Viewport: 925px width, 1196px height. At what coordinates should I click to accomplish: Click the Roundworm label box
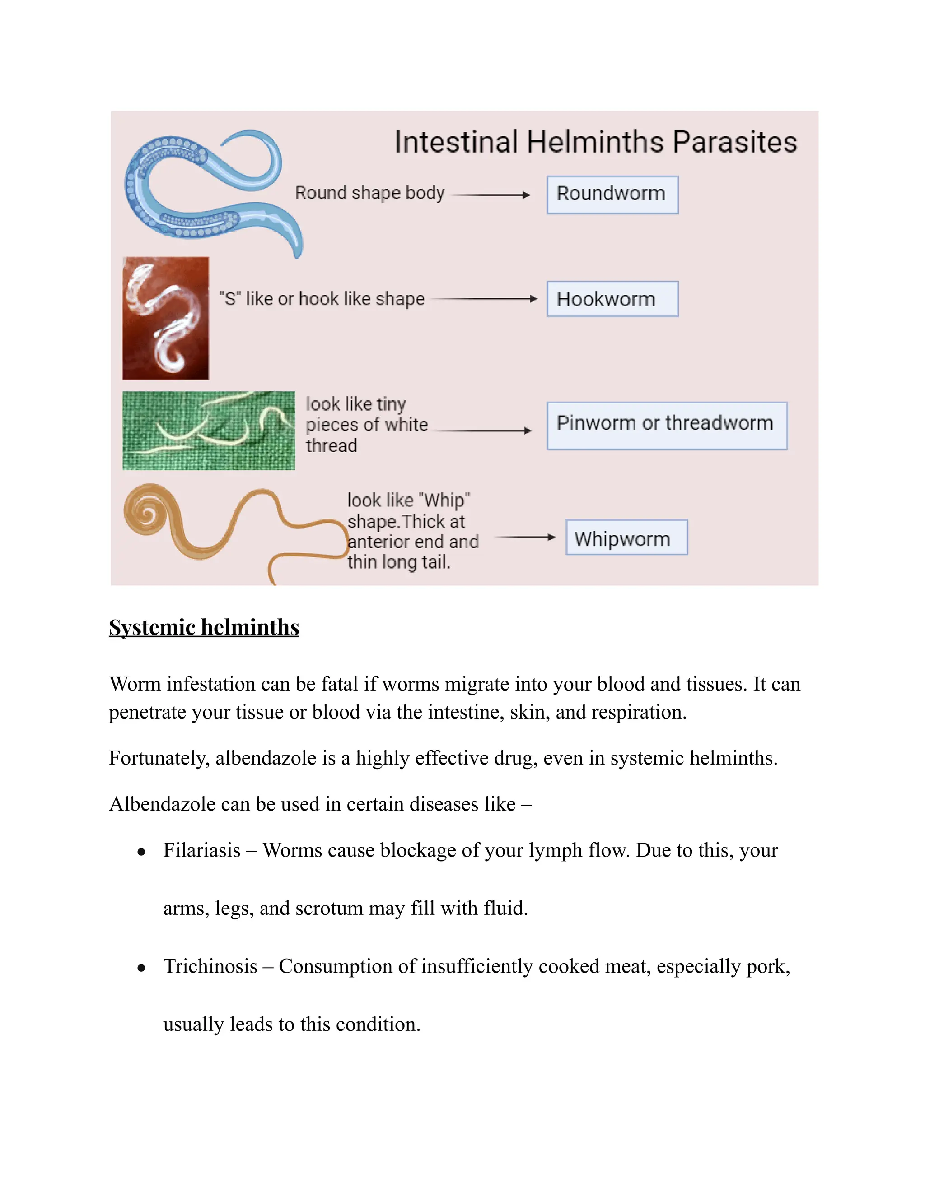click(x=612, y=195)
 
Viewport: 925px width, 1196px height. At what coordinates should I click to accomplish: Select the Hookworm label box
click(x=612, y=299)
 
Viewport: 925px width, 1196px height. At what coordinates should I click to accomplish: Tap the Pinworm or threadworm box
click(x=666, y=426)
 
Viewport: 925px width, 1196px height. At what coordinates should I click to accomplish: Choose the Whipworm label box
click(x=626, y=537)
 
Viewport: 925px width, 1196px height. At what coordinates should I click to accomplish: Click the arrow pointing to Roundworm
click(x=491, y=195)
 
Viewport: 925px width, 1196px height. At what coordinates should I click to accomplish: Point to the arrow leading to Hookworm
click(x=485, y=299)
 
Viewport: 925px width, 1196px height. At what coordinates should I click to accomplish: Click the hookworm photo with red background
click(x=165, y=318)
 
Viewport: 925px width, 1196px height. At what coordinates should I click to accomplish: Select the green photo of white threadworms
click(x=208, y=431)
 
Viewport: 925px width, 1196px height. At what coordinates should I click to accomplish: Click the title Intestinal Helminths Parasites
click(x=596, y=142)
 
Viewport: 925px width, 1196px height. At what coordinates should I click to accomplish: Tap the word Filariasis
click(x=201, y=850)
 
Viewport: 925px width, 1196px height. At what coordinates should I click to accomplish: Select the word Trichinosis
click(x=210, y=966)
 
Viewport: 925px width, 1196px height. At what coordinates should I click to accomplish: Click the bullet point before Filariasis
click(x=141, y=852)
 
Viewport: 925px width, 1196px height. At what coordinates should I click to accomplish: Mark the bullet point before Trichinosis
click(x=141, y=968)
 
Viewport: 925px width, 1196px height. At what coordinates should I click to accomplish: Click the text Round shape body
click(x=370, y=193)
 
